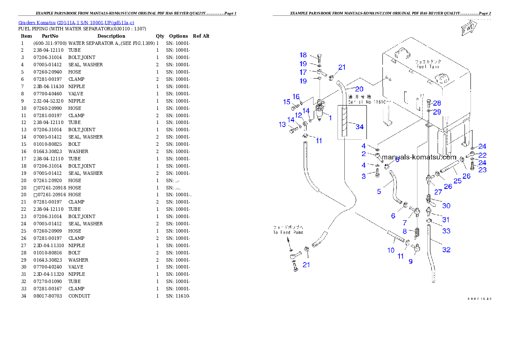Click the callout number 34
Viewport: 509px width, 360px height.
pyautogui.click(x=359, y=127)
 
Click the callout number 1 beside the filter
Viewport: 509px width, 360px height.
pyautogui.click(x=330, y=118)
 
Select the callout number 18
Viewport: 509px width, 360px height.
pyautogui.click(x=303, y=55)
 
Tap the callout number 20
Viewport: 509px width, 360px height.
pyautogui.click(x=359, y=89)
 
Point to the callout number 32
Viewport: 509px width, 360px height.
pyautogui.click(x=446, y=250)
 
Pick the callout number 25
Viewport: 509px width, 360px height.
pyautogui.click(x=457, y=182)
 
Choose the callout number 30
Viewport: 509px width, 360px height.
pyautogui.click(x=446, y=206)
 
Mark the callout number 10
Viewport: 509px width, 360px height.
pyautogui.click(x=391, y=250)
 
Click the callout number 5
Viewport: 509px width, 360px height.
pyautogui.click(x=379, y=192)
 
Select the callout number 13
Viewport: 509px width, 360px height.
pyautogui.click(x=282, y=124)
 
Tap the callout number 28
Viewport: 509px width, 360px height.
pyautogui.click(x=436, y=103)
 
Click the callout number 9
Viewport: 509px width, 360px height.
pyautogui.click(x=411, y=261)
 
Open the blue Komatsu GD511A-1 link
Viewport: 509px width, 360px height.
pyautogui.click(x=76, y=22)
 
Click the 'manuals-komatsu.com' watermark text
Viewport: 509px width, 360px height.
pyautogui.click(x=419, y=157)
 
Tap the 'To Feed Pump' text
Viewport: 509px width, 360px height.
pyautogui.click(x=288, y=233)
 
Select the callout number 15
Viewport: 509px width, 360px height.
pyautogui.click(x=287, y=102)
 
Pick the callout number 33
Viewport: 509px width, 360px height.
pyautogui.click(x=446, y=231)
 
